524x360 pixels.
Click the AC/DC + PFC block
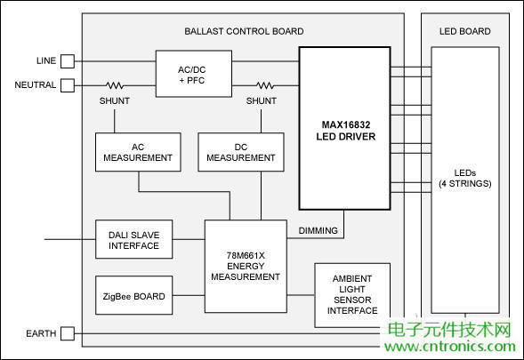[193, 73]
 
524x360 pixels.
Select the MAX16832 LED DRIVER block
[344, 129]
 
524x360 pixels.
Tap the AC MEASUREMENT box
[138, 152]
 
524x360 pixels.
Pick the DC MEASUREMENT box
[240, 152]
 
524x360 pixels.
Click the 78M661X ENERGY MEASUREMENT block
[246, 266]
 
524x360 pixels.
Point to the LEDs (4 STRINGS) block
[464, 178]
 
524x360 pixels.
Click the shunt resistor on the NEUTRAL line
[115, 85]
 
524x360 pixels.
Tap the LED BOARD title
[464, 31]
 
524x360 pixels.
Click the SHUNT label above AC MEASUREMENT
[114, 101]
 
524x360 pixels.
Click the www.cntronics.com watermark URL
[449, 347]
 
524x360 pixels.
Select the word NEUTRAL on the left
[36, 85]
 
